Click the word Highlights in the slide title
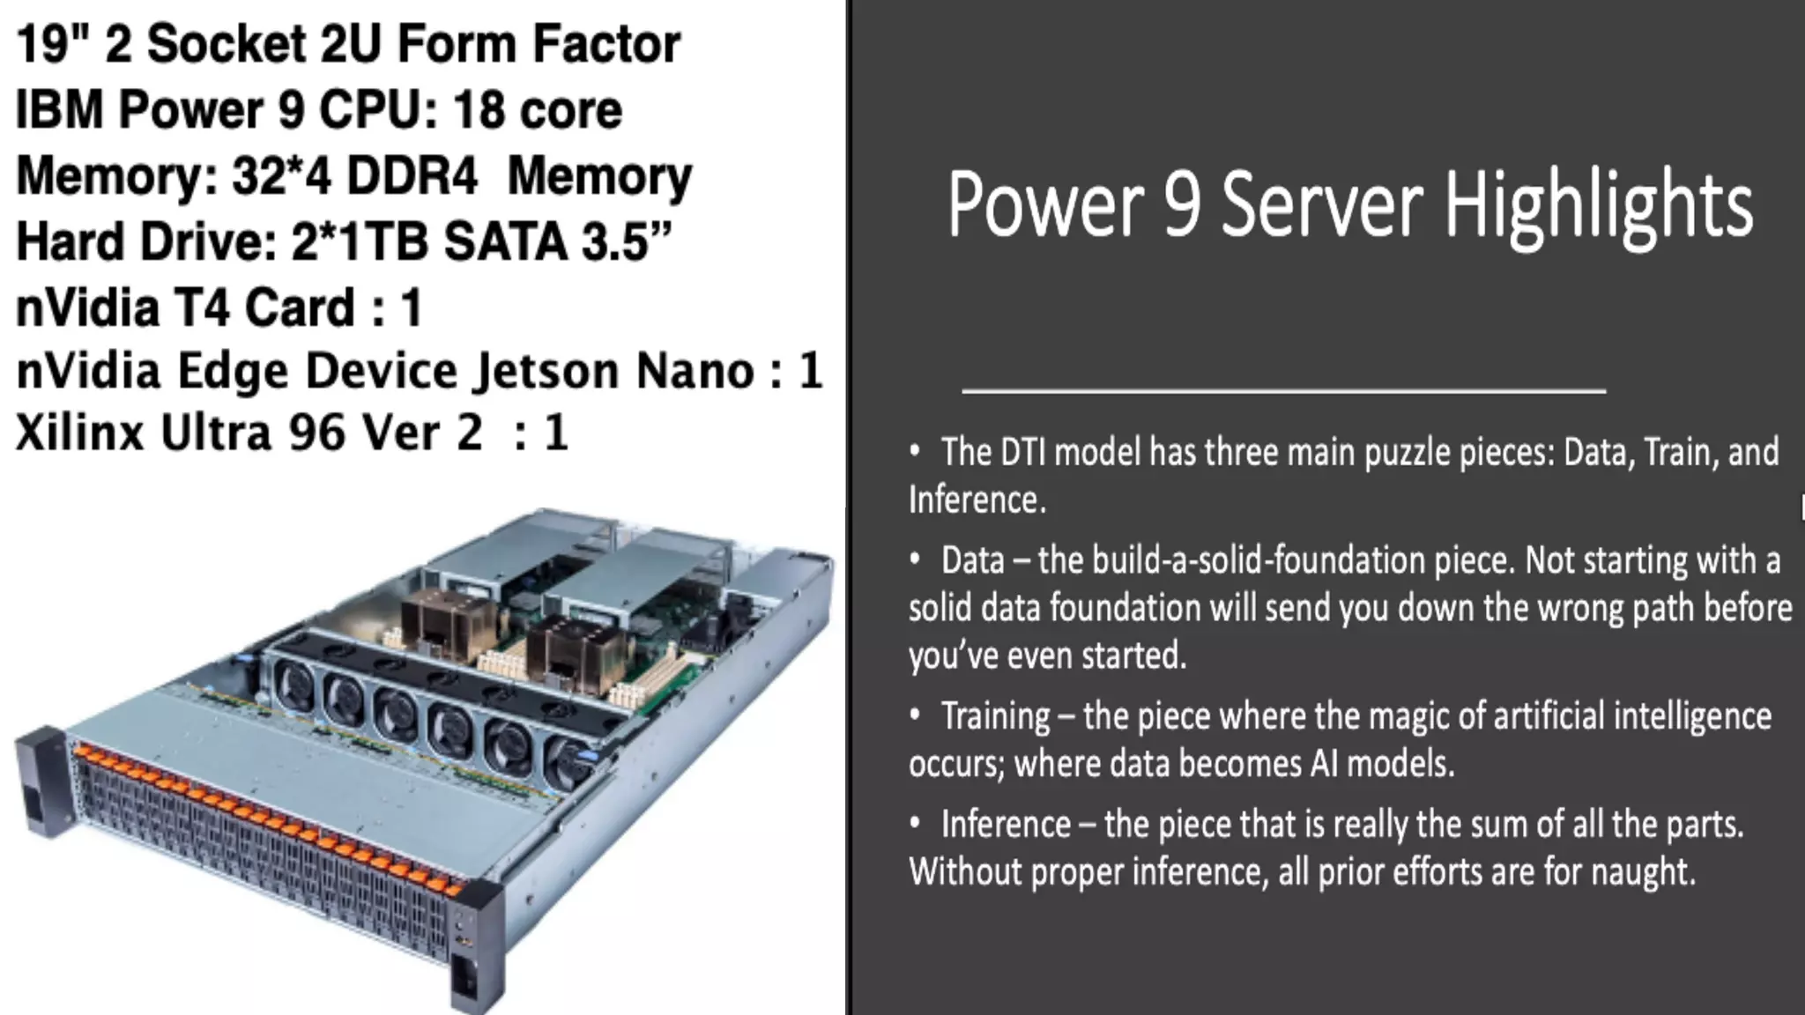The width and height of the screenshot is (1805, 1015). pyautogui.click(x=1597, y=206)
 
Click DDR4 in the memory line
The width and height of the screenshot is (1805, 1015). pyautogui.click(x=412, y=176)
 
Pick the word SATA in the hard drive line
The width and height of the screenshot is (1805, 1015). pyautogui.click(x=505, y=241)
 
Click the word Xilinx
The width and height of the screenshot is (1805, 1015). pyautogui.click(x=79, y=433)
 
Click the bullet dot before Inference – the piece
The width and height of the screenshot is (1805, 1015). pyautogui.click(x=916, y=824)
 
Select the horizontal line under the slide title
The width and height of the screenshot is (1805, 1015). pyautogui.click(x=1283, y=389)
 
